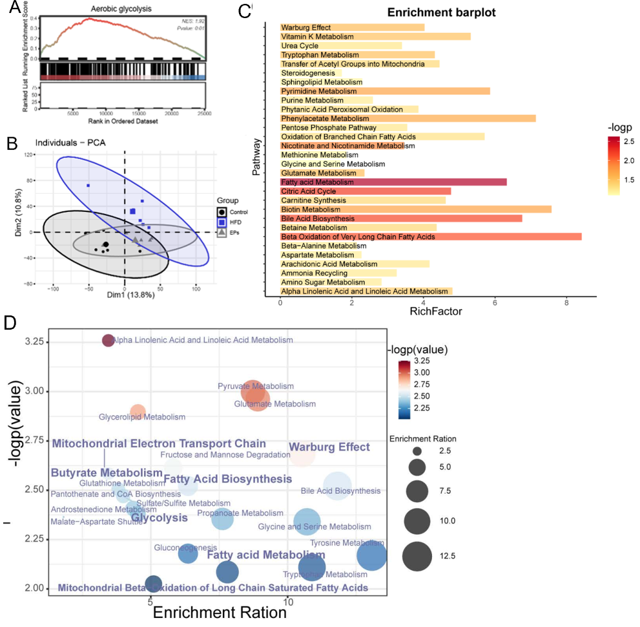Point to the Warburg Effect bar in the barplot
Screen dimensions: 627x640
coord(352,28)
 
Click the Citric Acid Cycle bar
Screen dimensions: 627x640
coord(365,191)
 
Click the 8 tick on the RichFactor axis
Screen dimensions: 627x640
coord(566,303)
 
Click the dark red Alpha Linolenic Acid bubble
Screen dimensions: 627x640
coord(108,341)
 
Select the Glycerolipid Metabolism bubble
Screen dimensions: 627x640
coord(138,412)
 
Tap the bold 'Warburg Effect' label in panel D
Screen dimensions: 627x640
coord(329,447)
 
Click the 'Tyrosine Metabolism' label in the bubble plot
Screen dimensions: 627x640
coord(342,543)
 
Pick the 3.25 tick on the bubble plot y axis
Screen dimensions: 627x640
coord(34,341)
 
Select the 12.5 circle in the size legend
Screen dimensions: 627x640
coord(417,555)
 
